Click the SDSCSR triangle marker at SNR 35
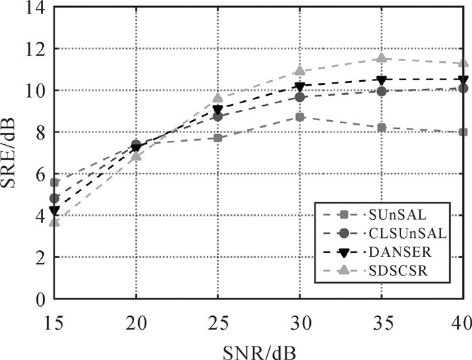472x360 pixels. click(382, 59)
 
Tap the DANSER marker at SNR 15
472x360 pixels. click(55, 210)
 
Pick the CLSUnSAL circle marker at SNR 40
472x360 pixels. click(463, 88)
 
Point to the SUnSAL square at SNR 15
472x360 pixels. click(55, 182)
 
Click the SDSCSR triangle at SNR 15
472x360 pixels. click(55, 222)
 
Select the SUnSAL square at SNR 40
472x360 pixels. click(463, 132)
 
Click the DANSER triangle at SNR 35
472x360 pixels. click(382, 80)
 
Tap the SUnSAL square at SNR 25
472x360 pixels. click(218, 138)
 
